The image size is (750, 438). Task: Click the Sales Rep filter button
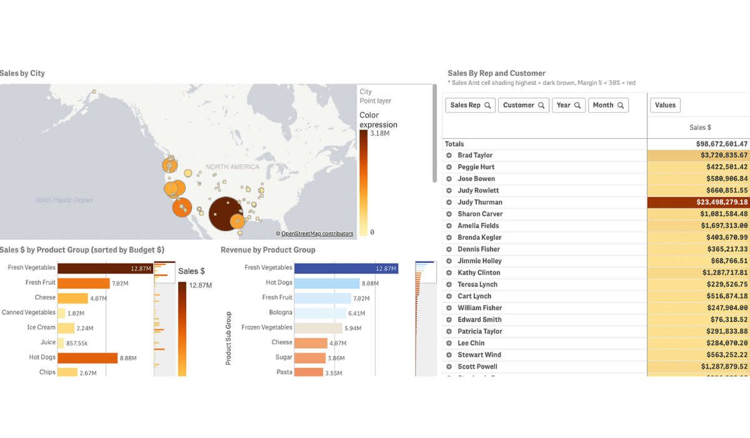click(471, 105)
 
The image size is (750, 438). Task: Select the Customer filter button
click(524, 105)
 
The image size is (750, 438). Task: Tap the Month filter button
click(608, 105)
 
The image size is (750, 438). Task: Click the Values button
click(665, 105)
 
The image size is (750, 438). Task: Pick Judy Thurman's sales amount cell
click(698, 202)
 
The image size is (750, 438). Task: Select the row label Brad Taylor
click(475, 155)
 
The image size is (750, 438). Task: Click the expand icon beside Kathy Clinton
click(449, 273)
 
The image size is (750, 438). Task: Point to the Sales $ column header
click(700, 128)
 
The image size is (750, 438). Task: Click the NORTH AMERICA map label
click(232, 167)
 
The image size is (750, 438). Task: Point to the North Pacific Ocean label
click(64, 200)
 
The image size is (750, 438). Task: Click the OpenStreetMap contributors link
click(317, 233)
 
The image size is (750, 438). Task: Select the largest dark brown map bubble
click(226, 215)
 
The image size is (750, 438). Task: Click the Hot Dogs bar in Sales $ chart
click(87, 357)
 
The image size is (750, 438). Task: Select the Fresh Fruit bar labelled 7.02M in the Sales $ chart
click(84, 283)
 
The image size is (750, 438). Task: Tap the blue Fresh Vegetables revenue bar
click(346, 268)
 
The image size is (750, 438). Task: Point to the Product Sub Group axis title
click(229, 338)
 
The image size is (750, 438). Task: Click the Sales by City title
click(22, 73)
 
